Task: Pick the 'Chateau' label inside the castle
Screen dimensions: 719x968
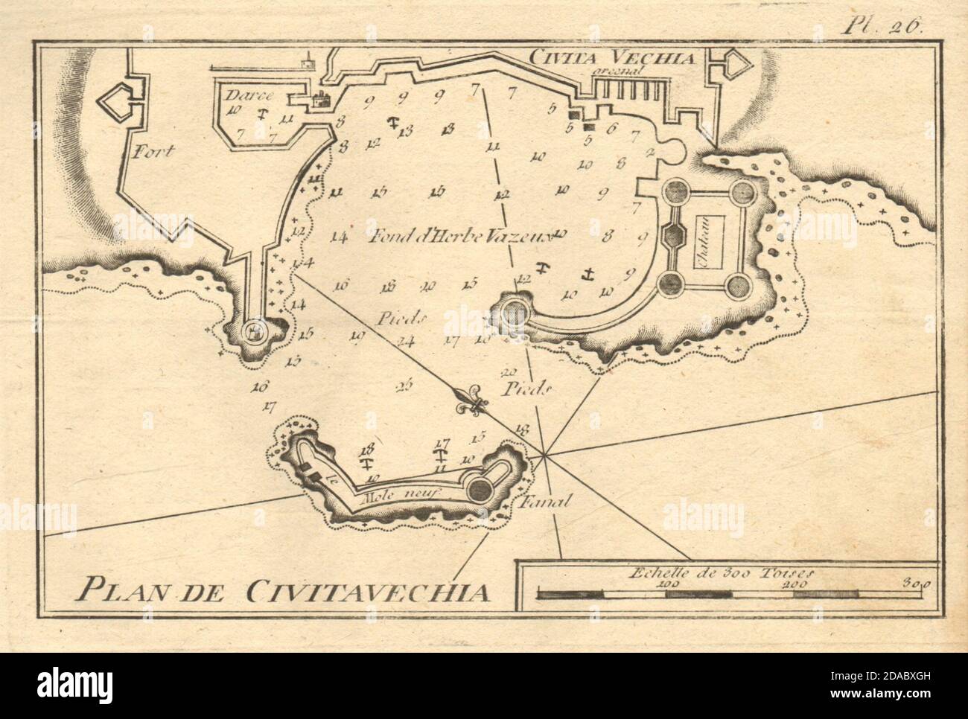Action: pyautogui.click(x=704, y=240)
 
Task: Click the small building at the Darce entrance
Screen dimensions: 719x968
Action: pyautogui.click(x=322, y=100)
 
